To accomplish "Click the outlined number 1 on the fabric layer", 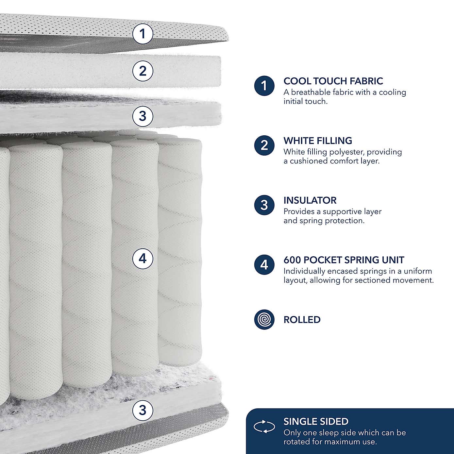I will pyautogui.click(x=143, y=33).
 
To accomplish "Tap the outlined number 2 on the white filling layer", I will pyautogui.click(x=143, y=71).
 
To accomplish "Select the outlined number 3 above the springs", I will pyautogui.click(x=143, y=116).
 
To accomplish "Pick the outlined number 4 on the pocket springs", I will pyautogui.click(x=143, y=259).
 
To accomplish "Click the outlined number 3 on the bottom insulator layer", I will pyautogui.click(x=143, y=410).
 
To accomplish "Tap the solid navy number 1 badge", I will pyautogui.click(x=264, y=86).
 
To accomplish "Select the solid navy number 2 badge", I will pyautogui.click(x=264, y=145).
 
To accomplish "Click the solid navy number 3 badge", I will pyautogui.click(x=264, y=205).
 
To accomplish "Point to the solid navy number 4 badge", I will pyautogui.click(x=264, y=265).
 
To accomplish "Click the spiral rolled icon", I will pyautogui.click(x=264, y=319).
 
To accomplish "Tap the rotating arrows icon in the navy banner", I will pyautogui.click(x=264, y=427).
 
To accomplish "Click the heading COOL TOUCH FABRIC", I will pyautogui.click(x=333, y=81).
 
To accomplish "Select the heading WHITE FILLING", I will pyautogui.click(x=318, y=141).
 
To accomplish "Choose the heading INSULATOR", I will pyautogui.click(x=310, y=200).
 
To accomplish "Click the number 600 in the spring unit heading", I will pyautogui.click(x=292, y=260).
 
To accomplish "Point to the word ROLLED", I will pyautogui.click(x=302, y=320).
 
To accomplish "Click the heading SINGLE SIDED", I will pyautogui.click(x=316, y=422).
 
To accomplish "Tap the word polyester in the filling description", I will pyautogui.click(x=346, y=152).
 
